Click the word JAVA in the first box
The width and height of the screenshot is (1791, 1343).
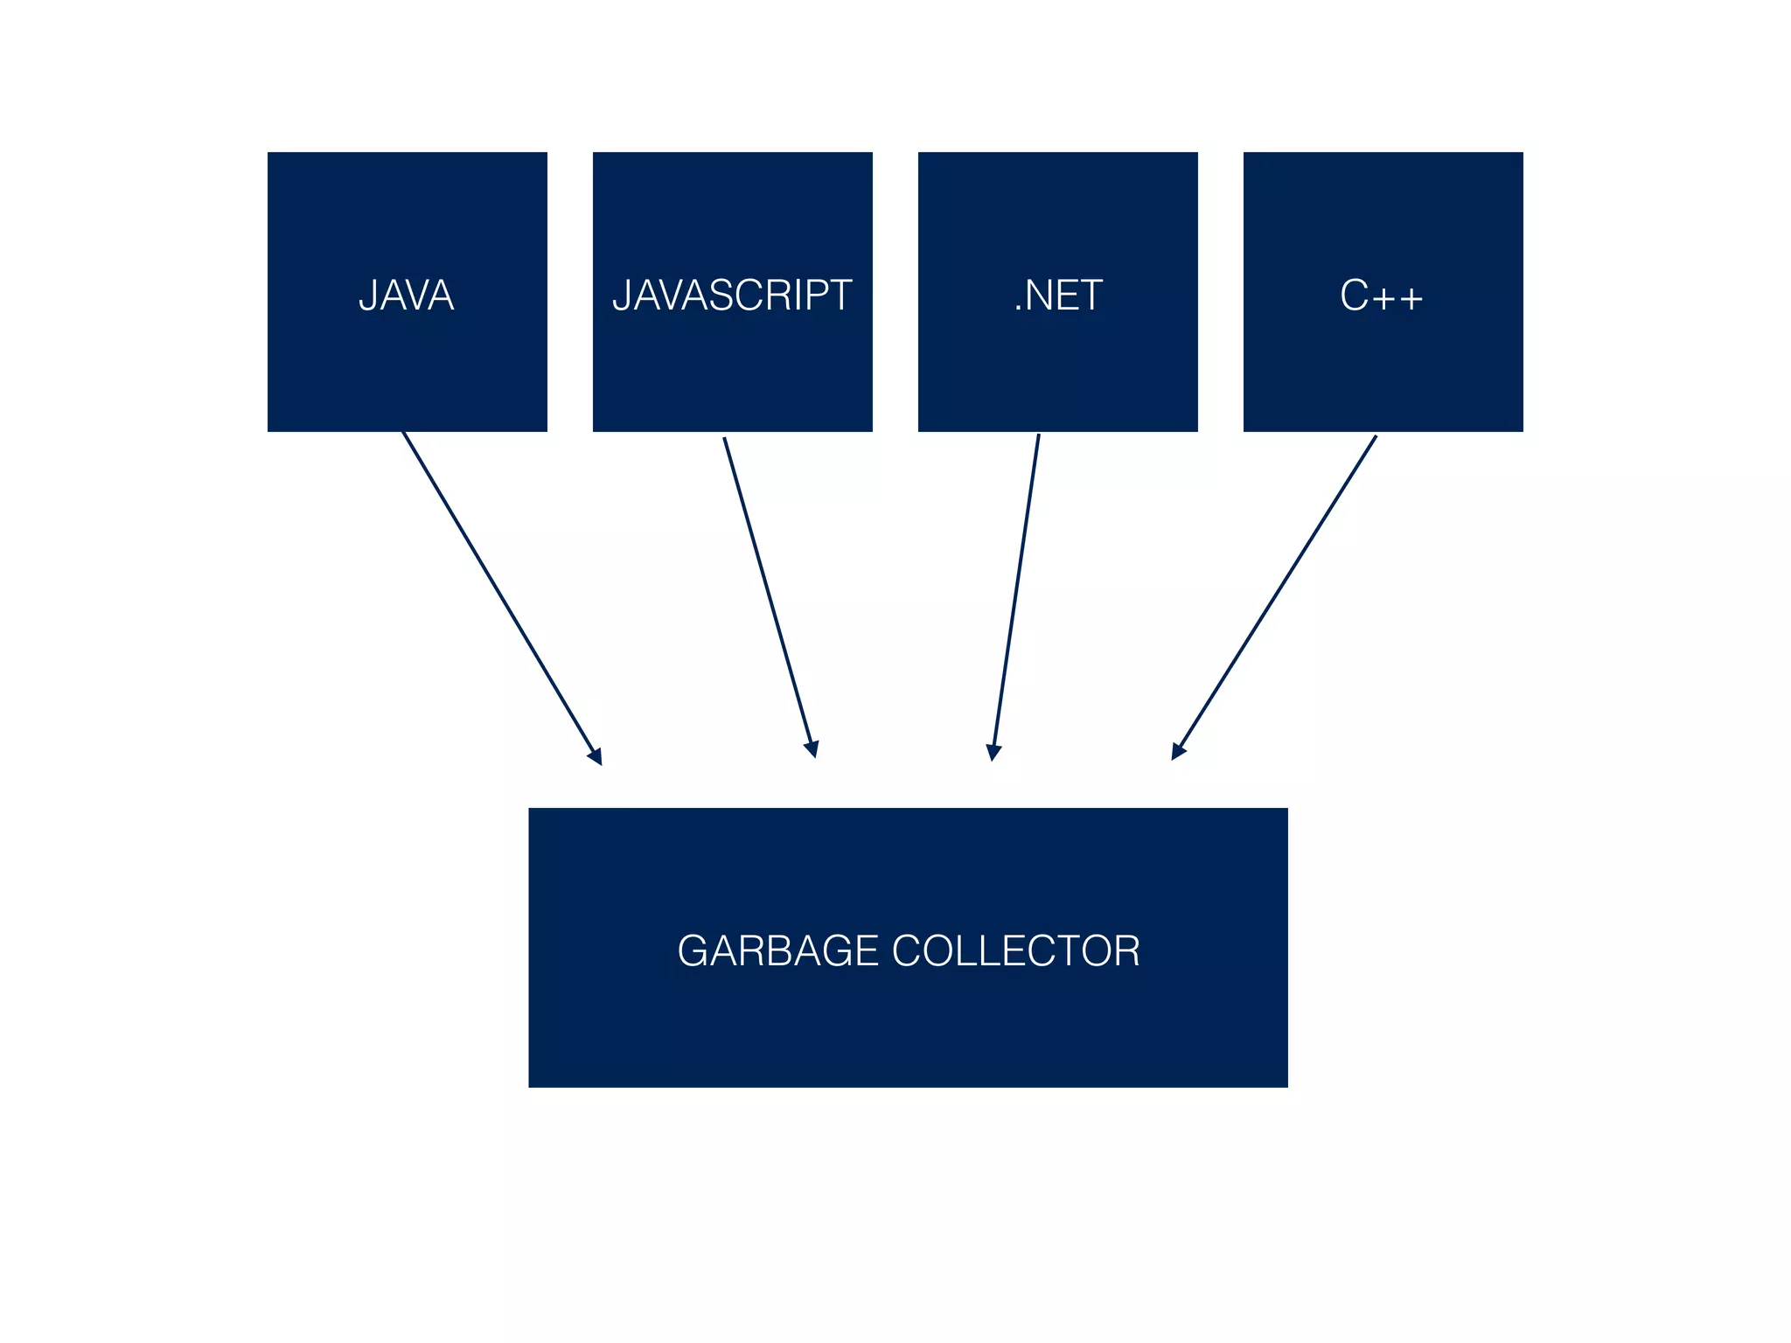pos(407,296)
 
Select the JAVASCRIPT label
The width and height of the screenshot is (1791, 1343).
pos(732,296)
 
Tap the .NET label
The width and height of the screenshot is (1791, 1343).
pos(1058,296)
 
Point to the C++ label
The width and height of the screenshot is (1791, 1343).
pos(1382,296)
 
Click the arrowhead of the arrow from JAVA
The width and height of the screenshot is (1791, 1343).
pos(596,756)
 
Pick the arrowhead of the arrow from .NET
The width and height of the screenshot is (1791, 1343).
pos(993,752)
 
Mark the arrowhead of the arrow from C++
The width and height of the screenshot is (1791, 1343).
pos(1178,751)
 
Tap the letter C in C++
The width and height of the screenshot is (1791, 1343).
pos(1354,296)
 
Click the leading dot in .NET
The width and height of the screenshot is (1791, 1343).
pos(1018,309)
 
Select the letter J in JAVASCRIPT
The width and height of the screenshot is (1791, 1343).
pos(621,296)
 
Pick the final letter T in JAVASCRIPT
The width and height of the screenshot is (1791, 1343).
pos(840,296)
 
